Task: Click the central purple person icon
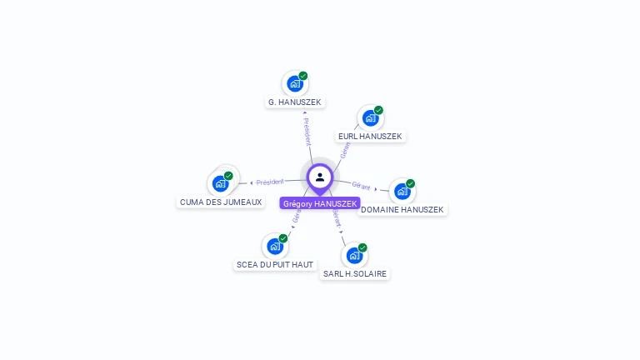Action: point(320,177)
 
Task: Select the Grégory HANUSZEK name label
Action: point(320,203)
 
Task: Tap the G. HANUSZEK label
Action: point(294,102)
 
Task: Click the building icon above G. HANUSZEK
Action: point(294,83)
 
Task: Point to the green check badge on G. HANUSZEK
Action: point(303,76)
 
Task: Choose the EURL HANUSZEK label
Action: point(370,136)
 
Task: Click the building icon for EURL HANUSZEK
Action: point(370,117)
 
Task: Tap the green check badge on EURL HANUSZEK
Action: point(378,110)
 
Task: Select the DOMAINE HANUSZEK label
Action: point(402,209)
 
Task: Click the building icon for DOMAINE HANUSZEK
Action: point(402,191)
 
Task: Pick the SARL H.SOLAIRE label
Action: point(355,273)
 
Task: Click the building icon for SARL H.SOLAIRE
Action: point(354,255)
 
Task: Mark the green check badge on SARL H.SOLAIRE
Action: point(362,247)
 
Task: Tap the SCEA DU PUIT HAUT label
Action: point(275,264)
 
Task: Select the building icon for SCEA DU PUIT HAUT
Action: point(274,246)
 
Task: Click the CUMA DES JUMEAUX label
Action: point(221,202)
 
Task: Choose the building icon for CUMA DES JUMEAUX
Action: point(220,183)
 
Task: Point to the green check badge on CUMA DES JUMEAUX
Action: point(228,176)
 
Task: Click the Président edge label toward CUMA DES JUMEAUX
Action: point(270,182)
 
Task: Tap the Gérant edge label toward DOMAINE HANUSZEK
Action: point(361,186)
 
